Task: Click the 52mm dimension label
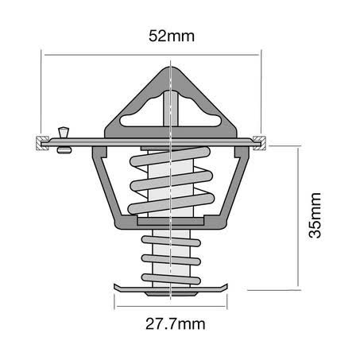click(172, 36)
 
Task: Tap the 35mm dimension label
click(315, 215)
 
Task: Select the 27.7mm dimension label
click(176, 323)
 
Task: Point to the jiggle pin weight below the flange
click(64, 150)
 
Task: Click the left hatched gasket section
click(41, 143)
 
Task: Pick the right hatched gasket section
click(260, 143)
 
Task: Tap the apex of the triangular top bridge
click(170, 67)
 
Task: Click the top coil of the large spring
click(170, 157)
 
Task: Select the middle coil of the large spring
click(172, 181)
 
